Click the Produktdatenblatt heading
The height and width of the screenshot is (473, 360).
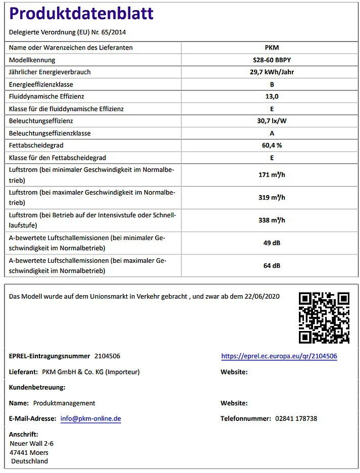[x=81, y=13]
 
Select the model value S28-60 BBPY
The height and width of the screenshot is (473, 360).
[x=272, y=60]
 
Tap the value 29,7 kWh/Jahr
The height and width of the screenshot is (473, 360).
[x=272, y=72]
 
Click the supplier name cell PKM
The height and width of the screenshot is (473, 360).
[x=272, y=48]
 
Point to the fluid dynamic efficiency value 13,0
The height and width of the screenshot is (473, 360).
[x=272, y=96]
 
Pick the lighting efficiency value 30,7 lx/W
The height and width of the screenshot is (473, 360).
[x=272, y=121]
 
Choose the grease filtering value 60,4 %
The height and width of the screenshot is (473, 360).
[x=272, y=145]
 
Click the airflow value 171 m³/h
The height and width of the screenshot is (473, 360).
[x=272, y=175]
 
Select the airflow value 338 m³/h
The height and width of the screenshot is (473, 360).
[x=272, y=220]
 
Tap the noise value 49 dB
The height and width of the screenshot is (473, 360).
[x=272, y=243]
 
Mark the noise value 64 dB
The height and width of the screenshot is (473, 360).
[x=272, y=265]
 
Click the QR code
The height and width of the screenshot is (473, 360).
[x=324, y=318]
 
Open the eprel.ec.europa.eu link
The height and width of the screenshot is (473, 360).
[x=279, y=356]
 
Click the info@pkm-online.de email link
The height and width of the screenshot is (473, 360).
[x=90, y=419]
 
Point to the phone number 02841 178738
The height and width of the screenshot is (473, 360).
[x=296, y=419]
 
